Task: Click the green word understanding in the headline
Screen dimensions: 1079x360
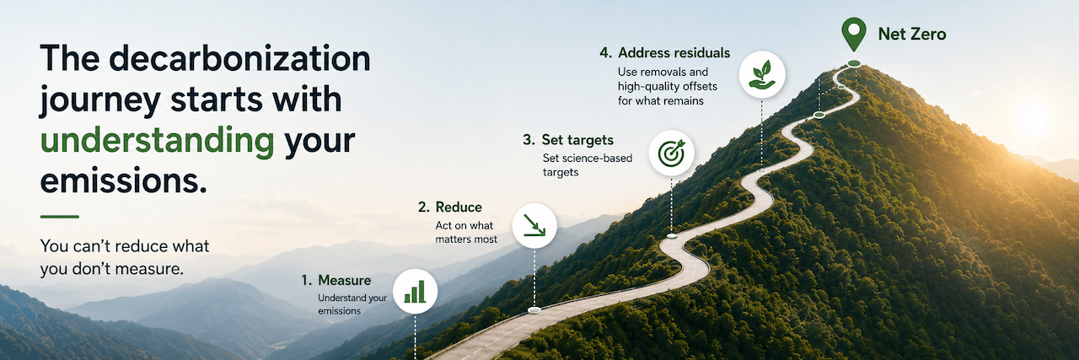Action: tap(158, 141)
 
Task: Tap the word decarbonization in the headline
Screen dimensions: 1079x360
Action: tap(240, 59)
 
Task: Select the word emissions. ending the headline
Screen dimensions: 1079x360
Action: tap(124, 181)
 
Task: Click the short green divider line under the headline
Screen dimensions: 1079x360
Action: tap(60, 217)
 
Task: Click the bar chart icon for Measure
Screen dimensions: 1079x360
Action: tap(415, 292)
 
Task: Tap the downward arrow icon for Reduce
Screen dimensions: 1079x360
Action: tap(534, 226)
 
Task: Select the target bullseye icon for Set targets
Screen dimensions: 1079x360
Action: tap(672, 153)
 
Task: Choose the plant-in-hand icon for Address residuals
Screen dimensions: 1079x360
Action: tap(762, 75)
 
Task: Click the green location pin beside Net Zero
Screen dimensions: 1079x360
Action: tap(854, 34)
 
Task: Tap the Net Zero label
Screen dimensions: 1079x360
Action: tap(912, 35)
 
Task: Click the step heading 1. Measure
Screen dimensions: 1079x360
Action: tap(336, 281)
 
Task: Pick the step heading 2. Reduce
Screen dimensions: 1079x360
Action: tap(450, 207)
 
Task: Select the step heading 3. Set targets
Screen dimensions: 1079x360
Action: tap(568, 140)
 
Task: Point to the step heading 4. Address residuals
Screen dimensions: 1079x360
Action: tap(665, 53)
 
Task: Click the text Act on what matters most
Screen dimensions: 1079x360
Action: tap(466, 233)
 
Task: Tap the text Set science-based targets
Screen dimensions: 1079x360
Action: tap(588, 165)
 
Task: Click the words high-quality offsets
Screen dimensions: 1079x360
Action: tap(668, 87)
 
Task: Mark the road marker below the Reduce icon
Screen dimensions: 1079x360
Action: tap(534, 310)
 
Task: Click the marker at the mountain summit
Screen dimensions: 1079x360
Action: tap(854, 63)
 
